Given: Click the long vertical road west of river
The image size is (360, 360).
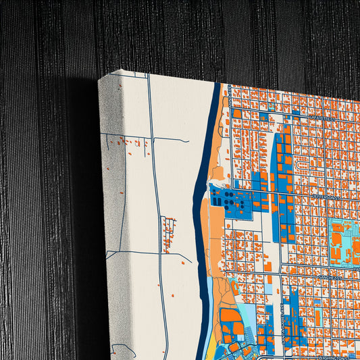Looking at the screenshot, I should pos(156,203).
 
